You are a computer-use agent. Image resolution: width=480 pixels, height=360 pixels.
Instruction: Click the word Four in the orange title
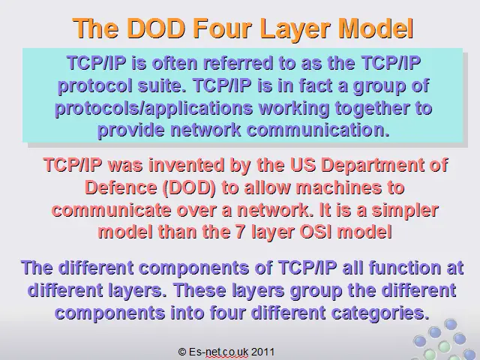[223, 28]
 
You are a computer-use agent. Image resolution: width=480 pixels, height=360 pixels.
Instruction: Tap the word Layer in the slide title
[296, 28]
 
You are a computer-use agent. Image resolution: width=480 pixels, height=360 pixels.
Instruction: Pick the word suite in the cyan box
[162, 85]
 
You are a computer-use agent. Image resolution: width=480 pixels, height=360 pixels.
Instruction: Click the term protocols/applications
[154, 109]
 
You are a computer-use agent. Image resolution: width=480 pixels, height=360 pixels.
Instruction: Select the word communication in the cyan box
[318, 130]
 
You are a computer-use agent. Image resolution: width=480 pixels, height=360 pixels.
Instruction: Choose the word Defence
[121, 187]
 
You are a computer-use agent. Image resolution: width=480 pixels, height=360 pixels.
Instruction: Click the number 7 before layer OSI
[240, 232]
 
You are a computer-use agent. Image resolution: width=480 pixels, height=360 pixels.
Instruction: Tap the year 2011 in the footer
[262, 352]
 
